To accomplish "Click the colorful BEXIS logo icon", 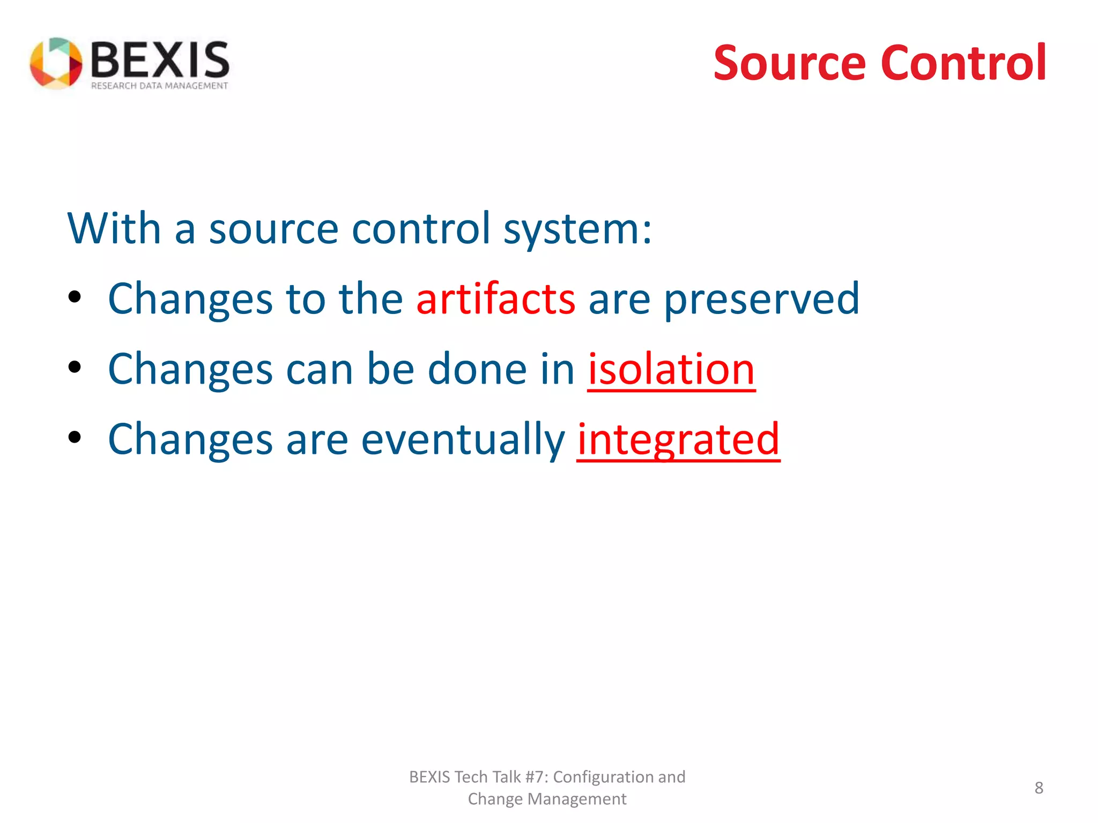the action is pyautogui.click(x=56, y=63).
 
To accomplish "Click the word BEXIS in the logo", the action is pyautogui.click(x=160, y=60).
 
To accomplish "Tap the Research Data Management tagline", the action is pyautogui.click(x=159, y=86).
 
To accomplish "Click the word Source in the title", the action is pyautogui.click(x=789, y=63).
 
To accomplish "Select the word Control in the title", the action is pyautogui.click(x=963, y=63).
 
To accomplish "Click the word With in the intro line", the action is pyautogui.click(x=114, y=228).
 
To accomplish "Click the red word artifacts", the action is pyautogui.click(x=496, y=299).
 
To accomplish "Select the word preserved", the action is pyautogui.click(x=761, y=299).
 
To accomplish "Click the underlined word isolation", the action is pyautogui.click(x=671, y=369).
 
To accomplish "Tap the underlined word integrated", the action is pyautogui.click(x=678, y=439).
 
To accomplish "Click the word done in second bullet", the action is pyautogui.click(x=477, y=369).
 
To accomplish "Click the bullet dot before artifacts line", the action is pyautogui.click(x=75, y=297).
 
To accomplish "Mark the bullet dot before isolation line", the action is pyautogui.click(x=75, y=367).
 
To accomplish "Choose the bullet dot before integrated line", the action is pyautogui.click(x=75, y=437).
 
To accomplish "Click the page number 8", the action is pyautogui.click(x=1038, y=788).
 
